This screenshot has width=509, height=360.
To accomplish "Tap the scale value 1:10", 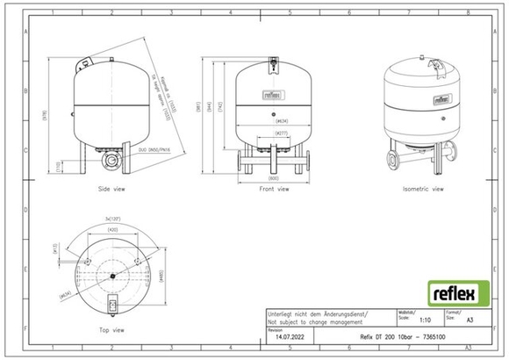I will coord(405,323).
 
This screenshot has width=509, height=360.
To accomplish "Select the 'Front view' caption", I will coord(274,188).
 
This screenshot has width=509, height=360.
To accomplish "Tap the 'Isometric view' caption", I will coord(423,188).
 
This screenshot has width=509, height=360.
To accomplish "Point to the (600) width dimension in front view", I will coord(274,178).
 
